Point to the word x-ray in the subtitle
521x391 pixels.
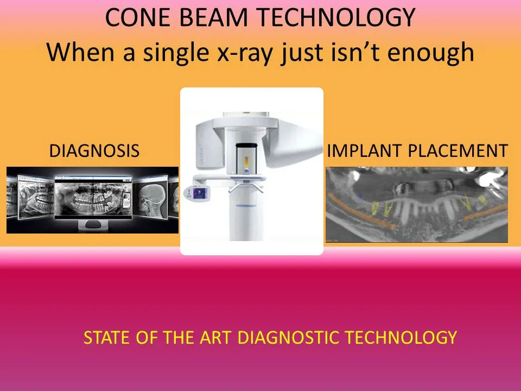coord(245,53)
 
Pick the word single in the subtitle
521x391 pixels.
coord(176,53)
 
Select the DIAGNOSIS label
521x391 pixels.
coord(94,150)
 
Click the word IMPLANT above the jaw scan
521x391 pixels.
coord(365,150)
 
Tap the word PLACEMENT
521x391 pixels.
coord(458,150)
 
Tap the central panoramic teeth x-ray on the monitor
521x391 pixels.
coord(94,199)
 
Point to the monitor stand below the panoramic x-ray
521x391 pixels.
coord(94,225)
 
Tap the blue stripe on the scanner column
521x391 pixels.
coord(246,206)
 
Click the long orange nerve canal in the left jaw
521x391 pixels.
coord(361,211)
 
